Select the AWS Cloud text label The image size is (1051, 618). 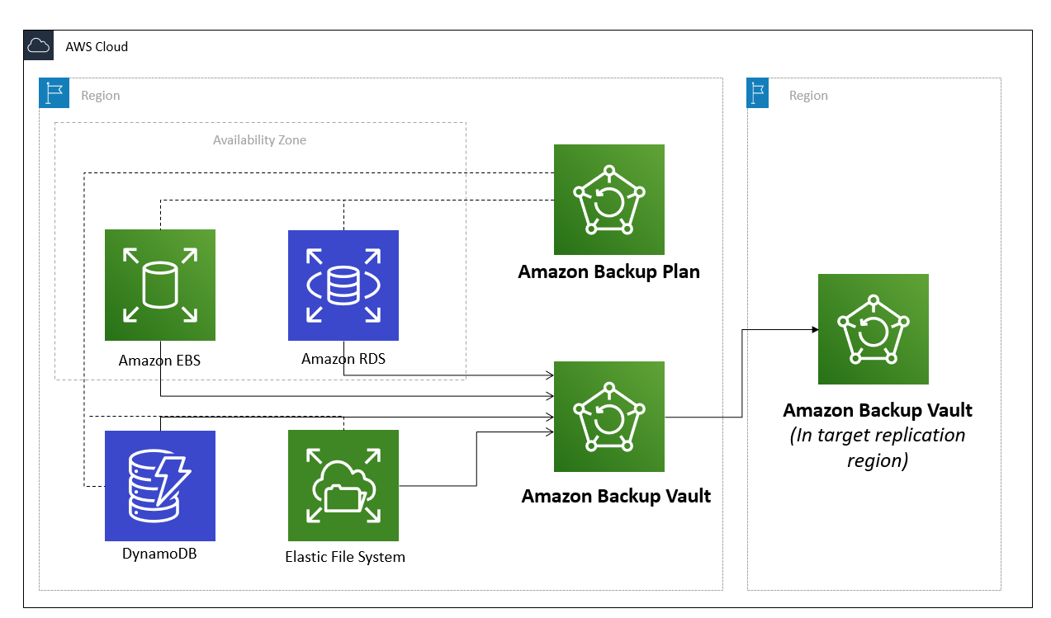tap(97, 46)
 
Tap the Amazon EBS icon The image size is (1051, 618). tap(160, 285)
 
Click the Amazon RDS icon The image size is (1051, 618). tap(343, 285)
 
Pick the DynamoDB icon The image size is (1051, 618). tap(160, 485)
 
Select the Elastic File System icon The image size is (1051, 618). tap(343, 485)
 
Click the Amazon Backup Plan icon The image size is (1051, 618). tap(609, 200)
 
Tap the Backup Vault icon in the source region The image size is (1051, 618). tap(609, 417)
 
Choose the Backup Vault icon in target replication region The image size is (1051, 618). tap(873, 329)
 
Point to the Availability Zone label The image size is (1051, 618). tap(259, 140)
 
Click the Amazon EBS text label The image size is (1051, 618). tap(159, 361)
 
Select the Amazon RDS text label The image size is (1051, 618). tap(343, 359)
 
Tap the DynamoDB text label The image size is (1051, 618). tap(159, 554)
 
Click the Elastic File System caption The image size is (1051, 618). tap(345, 557)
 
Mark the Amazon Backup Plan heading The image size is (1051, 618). tap(609, 271)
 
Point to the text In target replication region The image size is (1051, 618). tap(878, 447)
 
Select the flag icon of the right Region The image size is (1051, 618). tap(758, 93)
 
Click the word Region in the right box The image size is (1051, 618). tap(808, 96)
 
